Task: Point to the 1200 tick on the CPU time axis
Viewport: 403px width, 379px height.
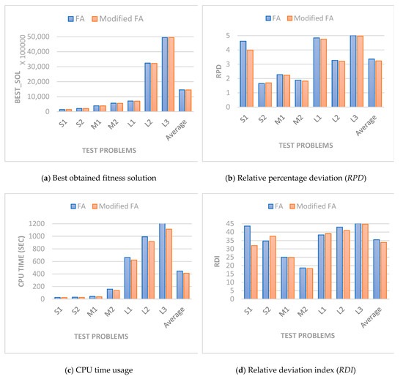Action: point(42,224)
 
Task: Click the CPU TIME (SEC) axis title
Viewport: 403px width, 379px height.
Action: point(18,260)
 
